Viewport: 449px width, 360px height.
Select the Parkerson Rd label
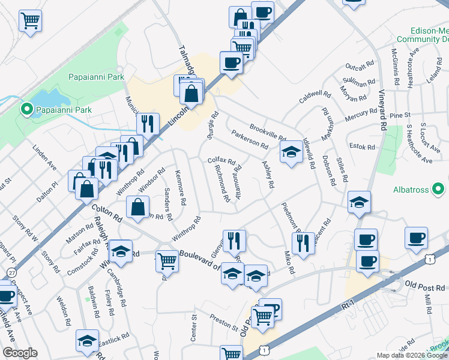(x=249, y=141)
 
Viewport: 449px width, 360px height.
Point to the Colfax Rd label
(x=221, y=161)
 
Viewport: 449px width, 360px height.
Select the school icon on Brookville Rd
(x=291, y=153)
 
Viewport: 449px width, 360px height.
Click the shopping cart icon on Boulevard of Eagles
(x=167, y=261)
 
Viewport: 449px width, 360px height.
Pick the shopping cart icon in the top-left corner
(x=30, y=21)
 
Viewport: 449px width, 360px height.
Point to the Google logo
(x=20, y=353)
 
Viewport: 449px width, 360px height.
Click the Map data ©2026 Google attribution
(x=412, y=355)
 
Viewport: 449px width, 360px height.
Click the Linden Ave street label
(x=44, y=157)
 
